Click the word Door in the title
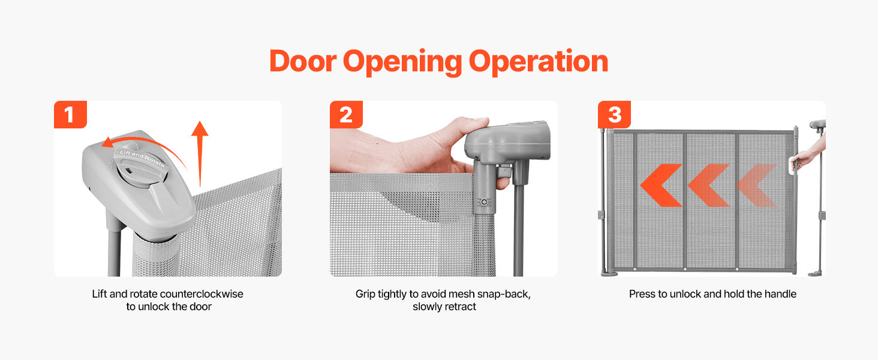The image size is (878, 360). point(303,61)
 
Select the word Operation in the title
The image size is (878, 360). point(538,63)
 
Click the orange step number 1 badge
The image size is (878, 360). point(70,115)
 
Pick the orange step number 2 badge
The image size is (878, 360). point(346,115)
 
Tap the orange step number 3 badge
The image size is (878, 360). point(614,115)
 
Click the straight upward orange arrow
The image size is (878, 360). point(200,154)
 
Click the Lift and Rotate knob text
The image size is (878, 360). point(142,158)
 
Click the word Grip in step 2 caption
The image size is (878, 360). point(365,295)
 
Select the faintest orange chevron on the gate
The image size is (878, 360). point(756,185)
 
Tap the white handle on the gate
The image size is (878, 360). point(792,164)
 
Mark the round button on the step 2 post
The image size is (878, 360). point(485,202)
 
